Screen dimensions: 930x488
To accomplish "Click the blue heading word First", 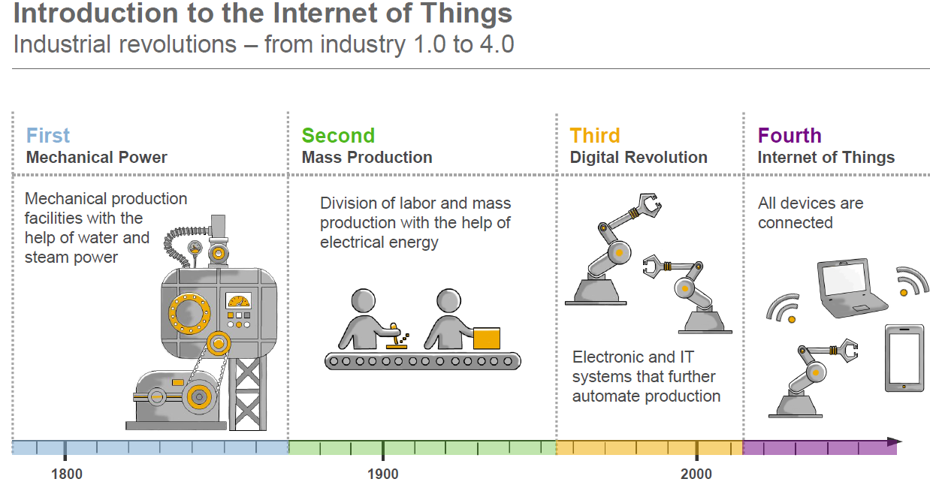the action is pos(48,136).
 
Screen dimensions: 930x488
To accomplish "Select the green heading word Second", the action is pos(338,136).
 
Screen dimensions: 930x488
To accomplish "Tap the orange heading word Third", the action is pos(594,136).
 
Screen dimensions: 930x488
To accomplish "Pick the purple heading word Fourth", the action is pos(790,136).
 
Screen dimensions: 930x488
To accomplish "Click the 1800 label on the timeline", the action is pos(66,474).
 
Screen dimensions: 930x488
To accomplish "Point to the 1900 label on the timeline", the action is pos(383,474).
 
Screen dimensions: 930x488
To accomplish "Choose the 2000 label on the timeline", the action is pos(696,474).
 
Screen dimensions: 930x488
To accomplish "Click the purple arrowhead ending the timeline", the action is pos(894,441).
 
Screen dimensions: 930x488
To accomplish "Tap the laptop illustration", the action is pos(851,288).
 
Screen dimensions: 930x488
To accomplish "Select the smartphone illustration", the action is pos(904,358).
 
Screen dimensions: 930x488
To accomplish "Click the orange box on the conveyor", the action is pos(487,338).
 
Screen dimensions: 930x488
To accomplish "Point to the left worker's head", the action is pos(364,300).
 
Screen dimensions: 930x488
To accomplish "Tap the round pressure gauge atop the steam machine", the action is pos(195,249).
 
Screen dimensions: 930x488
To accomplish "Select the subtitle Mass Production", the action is pos(367,158).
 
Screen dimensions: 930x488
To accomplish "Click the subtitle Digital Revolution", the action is pos(639,158).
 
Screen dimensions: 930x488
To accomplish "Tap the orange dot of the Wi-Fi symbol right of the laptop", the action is pos(904,293).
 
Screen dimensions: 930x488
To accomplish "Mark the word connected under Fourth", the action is pos(795,223).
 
